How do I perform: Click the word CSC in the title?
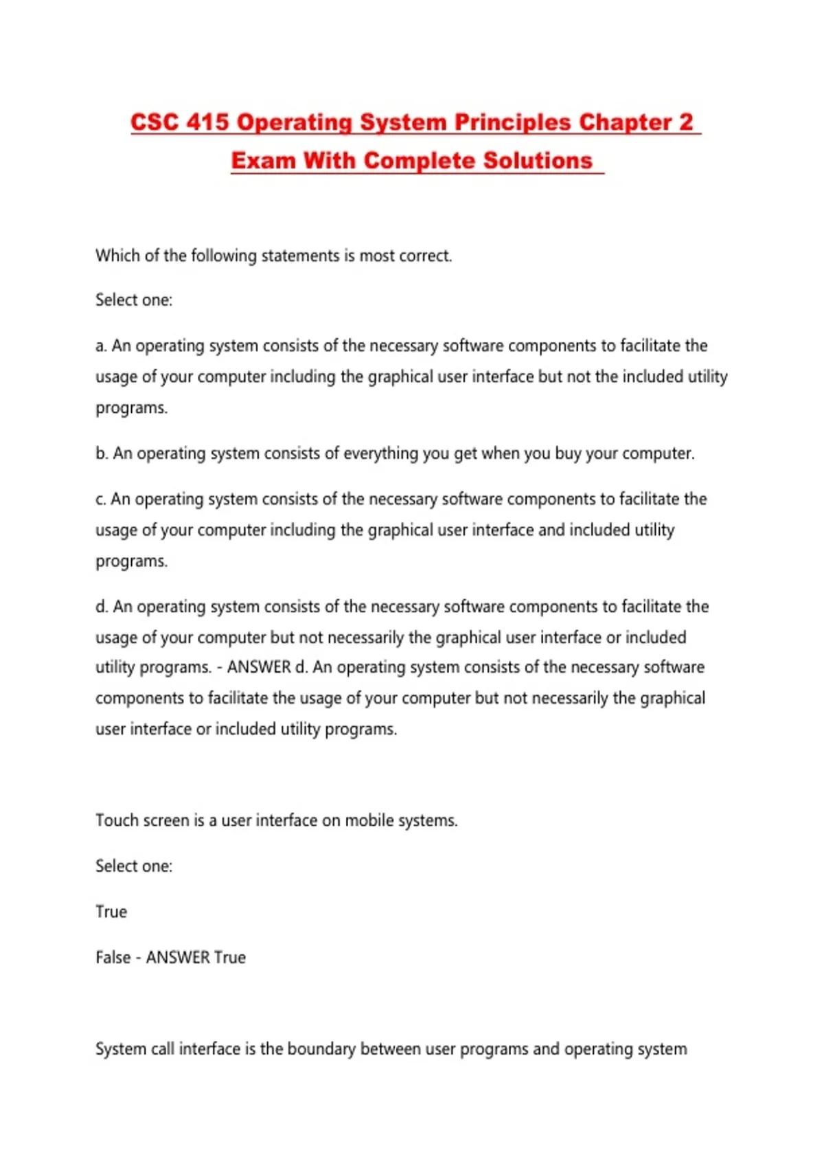coord(154,122)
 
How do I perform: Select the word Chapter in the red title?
coord(625,122)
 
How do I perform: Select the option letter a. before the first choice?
coord(102,346)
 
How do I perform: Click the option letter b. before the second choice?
coord(102,453)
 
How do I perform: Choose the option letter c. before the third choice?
coord(101,499)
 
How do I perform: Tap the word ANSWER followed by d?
coord(259,667)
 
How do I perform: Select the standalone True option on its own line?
coord(111,912)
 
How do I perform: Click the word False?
coord(113,957)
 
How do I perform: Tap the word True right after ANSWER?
coord(229,957)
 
